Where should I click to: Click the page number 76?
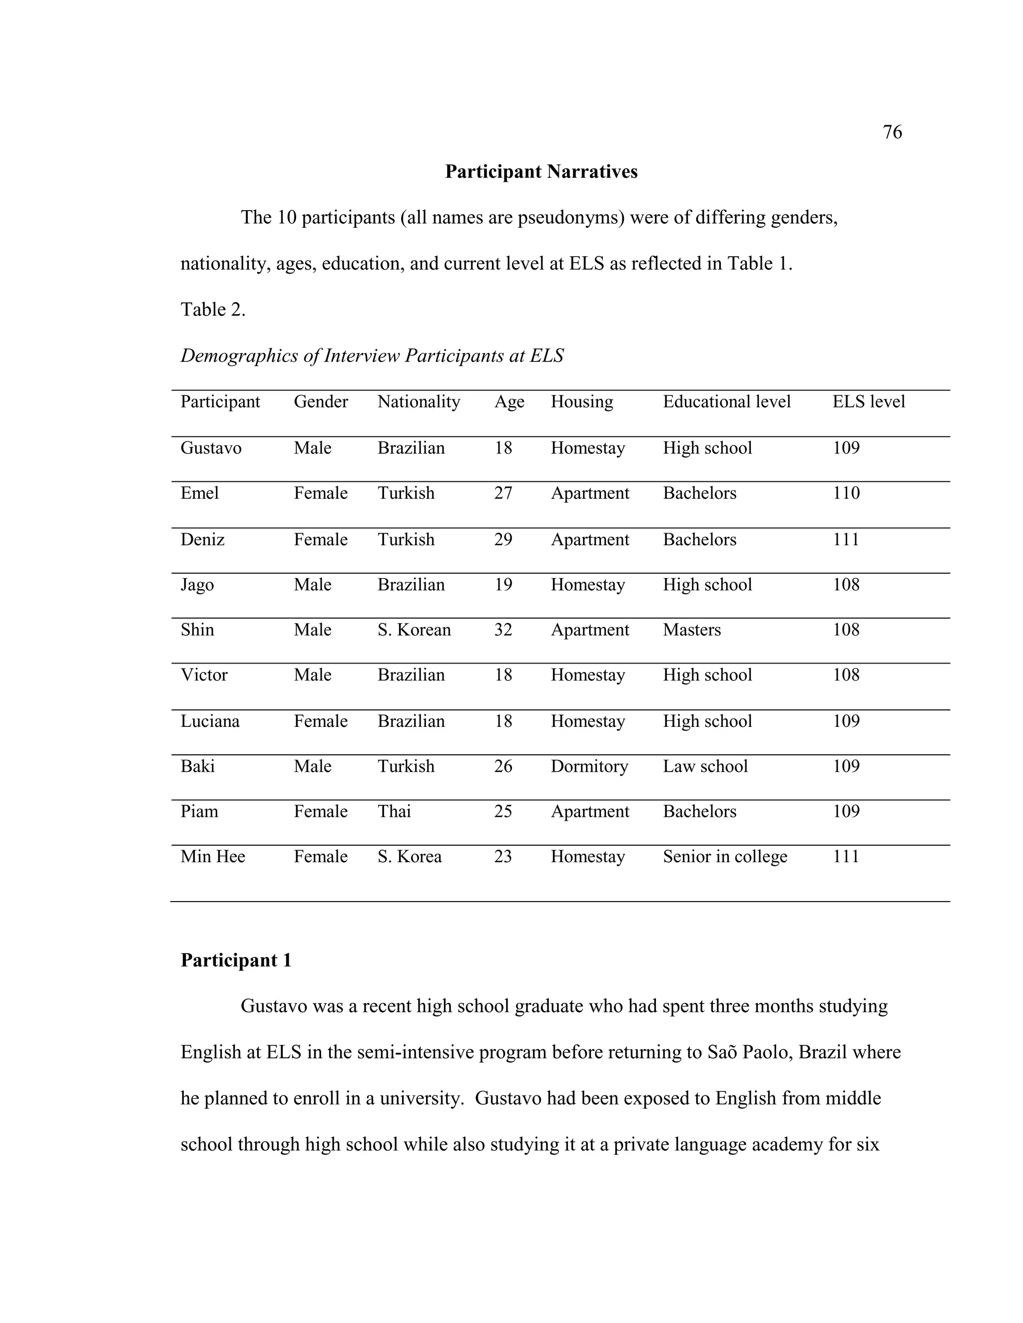click(x=892, y=132)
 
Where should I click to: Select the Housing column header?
click(x=581, y=401)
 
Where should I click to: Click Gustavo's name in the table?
click(x=211, y=448)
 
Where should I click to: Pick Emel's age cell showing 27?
click(x=503, y=493)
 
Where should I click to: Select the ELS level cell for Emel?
click(x=846, y=493)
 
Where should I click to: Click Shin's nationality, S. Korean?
click(x=414, y=630)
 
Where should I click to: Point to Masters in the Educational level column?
click(x=691, y=630)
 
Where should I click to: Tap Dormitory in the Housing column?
click(x=589, y=766)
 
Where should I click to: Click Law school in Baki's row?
click(x=705, y=766)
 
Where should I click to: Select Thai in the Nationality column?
click(x=394, y=811)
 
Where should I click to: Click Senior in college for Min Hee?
click(x=725, y=857)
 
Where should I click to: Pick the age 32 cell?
click(x=503, y=630)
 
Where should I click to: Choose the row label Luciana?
click(x=210, y=721)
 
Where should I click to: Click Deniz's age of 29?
click(x=503, y=539)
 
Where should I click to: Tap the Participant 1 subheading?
click(x=236, y=960)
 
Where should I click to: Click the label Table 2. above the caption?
click(x=213, y=310)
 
